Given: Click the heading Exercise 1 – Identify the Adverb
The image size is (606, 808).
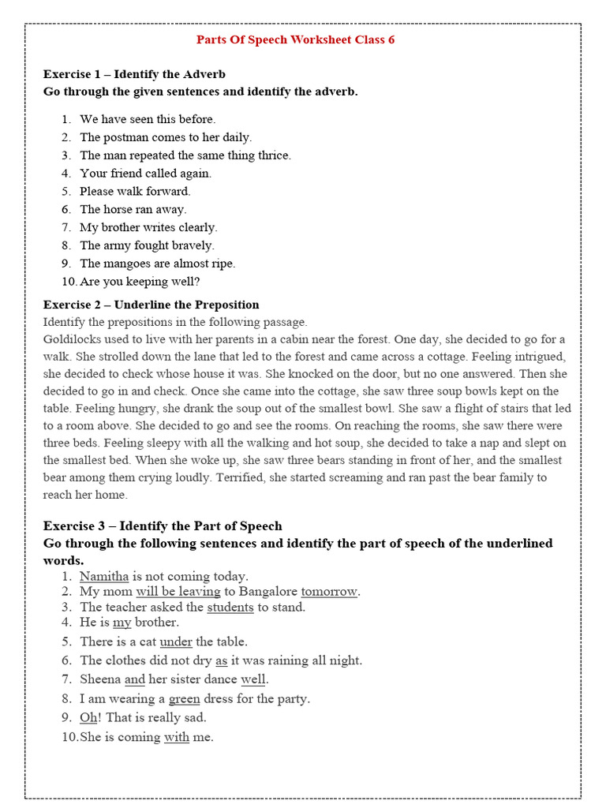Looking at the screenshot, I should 134,74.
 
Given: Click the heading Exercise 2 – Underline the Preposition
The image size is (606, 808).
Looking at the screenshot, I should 151,305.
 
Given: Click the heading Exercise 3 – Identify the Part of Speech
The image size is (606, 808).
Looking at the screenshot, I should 162,526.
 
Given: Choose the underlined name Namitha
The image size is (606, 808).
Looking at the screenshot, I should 104,576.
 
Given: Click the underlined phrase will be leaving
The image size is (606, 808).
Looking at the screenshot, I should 178,591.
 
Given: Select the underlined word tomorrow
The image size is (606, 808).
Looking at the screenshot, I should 329,591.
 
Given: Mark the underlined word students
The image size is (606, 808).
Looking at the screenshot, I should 230,607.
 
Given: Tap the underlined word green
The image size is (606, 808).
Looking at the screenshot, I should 184,698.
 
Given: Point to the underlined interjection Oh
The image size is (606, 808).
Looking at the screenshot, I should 88,717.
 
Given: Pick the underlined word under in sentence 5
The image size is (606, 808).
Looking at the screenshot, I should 176,642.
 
